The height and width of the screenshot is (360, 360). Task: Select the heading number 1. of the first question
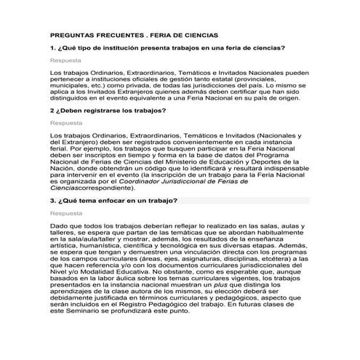53,47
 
